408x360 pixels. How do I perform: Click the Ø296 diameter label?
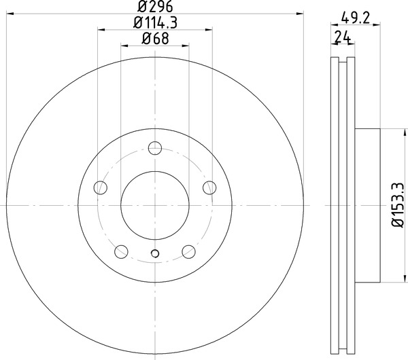coord(155,7)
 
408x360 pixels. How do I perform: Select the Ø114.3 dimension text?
coord(155,22)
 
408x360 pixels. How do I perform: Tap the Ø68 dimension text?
coord(155,39)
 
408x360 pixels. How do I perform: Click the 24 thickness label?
coord(342,37)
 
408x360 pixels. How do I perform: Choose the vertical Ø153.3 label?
coord(398,205)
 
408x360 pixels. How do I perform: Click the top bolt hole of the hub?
coord(155,148)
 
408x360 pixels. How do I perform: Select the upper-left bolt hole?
coord(100,187)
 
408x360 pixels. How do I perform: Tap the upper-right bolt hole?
coord(209,187)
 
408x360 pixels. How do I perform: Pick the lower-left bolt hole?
coord(121,251)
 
